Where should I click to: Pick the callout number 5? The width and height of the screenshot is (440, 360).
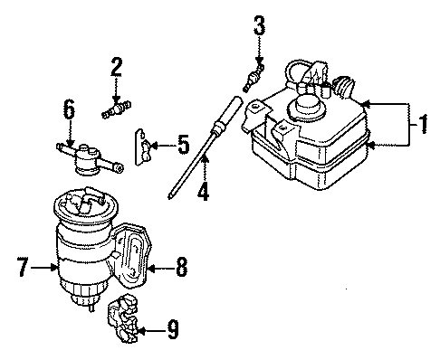pos(183,144)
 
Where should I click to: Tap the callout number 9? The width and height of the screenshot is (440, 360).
pos(172,331)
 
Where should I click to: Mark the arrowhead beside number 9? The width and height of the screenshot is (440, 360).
pos(146,331)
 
